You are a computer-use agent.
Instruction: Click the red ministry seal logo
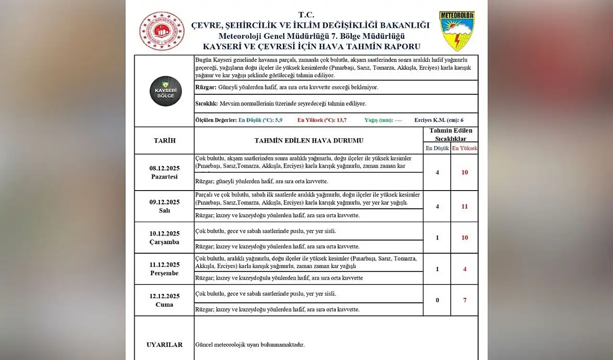162,31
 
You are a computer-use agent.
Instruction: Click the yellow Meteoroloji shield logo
457,31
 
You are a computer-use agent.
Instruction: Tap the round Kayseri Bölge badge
166,91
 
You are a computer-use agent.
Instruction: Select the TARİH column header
164,141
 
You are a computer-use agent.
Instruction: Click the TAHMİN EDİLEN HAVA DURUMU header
308,141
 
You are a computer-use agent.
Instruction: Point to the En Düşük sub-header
437,148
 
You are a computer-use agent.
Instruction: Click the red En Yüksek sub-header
465,148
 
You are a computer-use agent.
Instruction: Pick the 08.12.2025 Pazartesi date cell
164,172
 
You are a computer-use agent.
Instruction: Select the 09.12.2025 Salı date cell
164,206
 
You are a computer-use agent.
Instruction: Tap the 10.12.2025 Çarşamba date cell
164,237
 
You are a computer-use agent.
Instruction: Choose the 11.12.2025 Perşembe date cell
164,269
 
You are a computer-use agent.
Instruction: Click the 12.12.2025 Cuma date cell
164,300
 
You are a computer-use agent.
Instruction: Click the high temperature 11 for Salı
465,206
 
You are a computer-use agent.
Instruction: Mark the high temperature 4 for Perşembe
465,269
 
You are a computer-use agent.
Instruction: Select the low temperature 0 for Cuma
437,300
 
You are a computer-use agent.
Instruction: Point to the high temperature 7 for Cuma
465,300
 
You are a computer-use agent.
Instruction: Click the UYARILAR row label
164,345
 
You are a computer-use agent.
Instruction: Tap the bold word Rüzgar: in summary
206,88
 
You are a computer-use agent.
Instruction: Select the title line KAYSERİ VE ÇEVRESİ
311,46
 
